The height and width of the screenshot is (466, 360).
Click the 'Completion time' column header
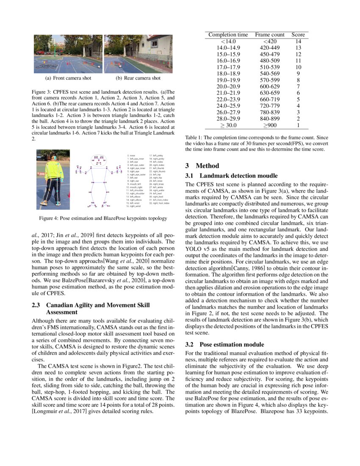[x=228, y=34]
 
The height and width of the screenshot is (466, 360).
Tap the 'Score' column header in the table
[x=298, y=34]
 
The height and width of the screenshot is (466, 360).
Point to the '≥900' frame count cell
[x=270, y=125]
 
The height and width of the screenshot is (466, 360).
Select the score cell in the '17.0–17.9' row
[x=298, y=67]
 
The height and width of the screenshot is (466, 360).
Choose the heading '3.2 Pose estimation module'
[x=229, y=344]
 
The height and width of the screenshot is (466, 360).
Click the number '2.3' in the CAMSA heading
[x=37, y=305]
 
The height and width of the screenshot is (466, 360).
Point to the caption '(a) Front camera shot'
[x=68, y=78]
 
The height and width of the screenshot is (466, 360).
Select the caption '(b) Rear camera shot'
[x=138, y=78]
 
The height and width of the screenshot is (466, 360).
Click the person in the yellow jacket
[x=53, y=178]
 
